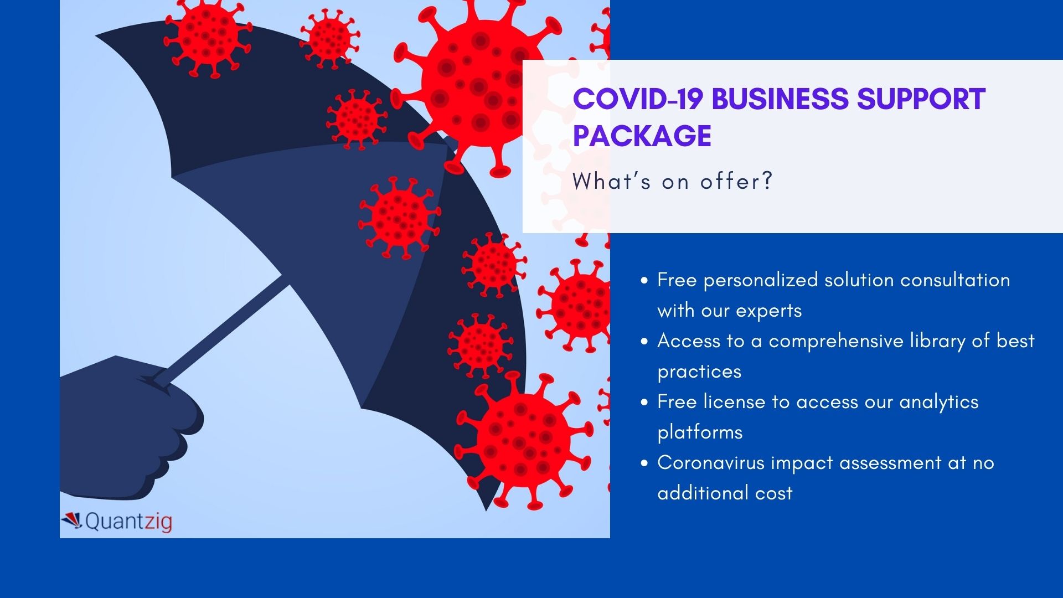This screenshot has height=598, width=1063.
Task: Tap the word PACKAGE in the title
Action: [x=642, y=136]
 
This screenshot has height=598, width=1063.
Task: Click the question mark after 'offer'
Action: [x=767, y=182]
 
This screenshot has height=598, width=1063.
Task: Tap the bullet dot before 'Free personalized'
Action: [x=644, y=281]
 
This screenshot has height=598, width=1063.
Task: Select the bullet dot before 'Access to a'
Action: [x=644, y=342]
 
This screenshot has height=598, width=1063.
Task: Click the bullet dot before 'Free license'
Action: [x=644, y=403]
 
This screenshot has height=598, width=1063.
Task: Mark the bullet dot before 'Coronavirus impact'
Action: [x=644, y=463]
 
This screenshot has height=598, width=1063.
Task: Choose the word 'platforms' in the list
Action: [x=700, y=432]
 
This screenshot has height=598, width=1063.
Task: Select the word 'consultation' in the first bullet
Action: [x=955, y=280]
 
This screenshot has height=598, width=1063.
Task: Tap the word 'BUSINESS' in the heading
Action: [x=780, y=99]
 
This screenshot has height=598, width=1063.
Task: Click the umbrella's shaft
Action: [x=221, y=332]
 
